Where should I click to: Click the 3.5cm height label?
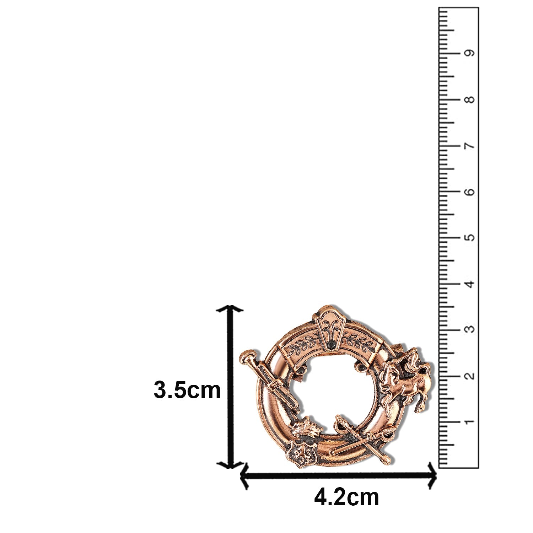pos(187,390)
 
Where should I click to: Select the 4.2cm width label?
pos(346,497)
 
